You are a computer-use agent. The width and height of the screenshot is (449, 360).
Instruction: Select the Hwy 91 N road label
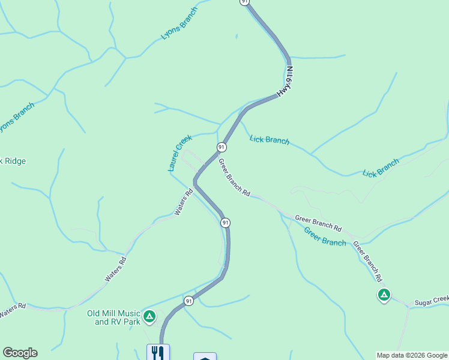tap(286, 82)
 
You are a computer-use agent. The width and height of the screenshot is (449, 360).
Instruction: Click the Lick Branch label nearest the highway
tap(269, 140)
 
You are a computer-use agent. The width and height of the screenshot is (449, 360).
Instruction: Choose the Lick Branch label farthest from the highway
tap(381, 168)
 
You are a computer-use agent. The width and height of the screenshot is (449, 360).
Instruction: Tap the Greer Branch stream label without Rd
tap(325, 236)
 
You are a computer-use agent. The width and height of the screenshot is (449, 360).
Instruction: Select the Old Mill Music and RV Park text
tap(113, 317)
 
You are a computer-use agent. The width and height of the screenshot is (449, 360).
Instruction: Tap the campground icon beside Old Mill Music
tap(149, 316)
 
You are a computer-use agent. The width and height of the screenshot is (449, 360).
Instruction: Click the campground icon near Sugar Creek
tap(384, 295)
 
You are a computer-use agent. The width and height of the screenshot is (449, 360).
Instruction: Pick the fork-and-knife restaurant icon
tap(158, 352)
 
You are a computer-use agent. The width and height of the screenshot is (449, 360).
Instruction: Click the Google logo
tap(20, 353)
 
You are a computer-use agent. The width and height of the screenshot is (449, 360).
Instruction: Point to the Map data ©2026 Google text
tap(411, 355)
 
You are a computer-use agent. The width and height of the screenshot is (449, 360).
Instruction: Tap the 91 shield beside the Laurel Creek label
tap(221, 147)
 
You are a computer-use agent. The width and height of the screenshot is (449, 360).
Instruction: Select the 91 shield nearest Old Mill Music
tap(188, 301)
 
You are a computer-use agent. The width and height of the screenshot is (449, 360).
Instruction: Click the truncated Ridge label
tap(13, 161)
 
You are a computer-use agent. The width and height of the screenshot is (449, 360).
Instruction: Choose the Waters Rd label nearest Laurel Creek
tap(184, 202)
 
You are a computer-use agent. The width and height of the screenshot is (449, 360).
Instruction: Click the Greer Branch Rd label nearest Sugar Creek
tap(367, 261)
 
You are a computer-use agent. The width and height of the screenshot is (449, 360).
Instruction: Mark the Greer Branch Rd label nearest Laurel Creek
tap(234, 178)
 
